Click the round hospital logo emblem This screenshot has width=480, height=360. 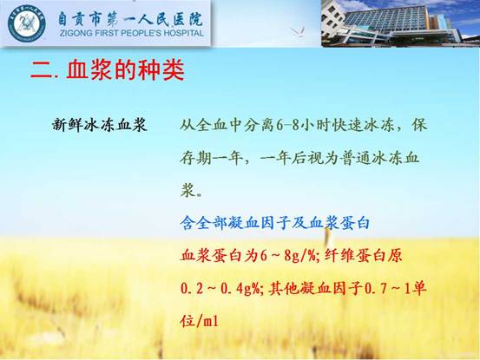[27, 23]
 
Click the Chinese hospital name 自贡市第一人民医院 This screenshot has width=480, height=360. [130, 19]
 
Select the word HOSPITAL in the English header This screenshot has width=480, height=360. [184, 33]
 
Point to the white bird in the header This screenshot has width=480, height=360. [299, 31]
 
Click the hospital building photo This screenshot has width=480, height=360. [400, 23]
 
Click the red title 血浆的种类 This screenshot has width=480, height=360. [125, 70]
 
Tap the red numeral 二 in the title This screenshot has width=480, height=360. [43, 70]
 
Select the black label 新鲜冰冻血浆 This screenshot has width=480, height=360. [100, 125]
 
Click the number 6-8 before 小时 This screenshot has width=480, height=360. [287, 125]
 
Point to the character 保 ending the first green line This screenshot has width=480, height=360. [419, 125]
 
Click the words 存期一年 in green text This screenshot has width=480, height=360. [211, 158]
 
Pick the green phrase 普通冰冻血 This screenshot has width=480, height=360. [379, 158]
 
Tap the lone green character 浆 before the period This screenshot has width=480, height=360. [188, 191]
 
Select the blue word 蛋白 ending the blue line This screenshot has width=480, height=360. [354, 223]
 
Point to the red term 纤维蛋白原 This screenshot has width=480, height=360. [363, 256]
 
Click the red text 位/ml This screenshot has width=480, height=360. [200, 321]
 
